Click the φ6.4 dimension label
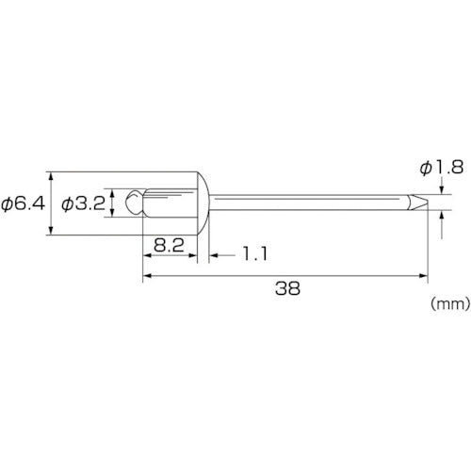pos(23,204)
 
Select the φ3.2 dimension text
pos(84,204)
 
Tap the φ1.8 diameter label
pos(442,168)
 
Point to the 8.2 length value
pos(169,245)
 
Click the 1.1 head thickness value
pos(255,253)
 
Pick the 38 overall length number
pos(287,288)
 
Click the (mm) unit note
pos(450,303)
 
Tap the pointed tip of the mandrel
pos(428,203)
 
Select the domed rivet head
pos(203,203)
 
